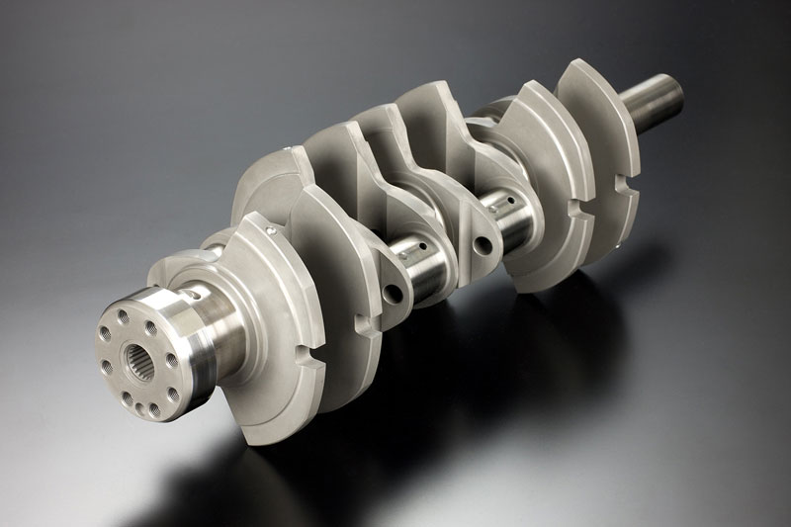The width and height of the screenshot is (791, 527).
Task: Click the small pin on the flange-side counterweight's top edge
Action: pos(269,229)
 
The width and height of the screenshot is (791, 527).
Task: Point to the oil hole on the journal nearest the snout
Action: pos(507,204)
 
